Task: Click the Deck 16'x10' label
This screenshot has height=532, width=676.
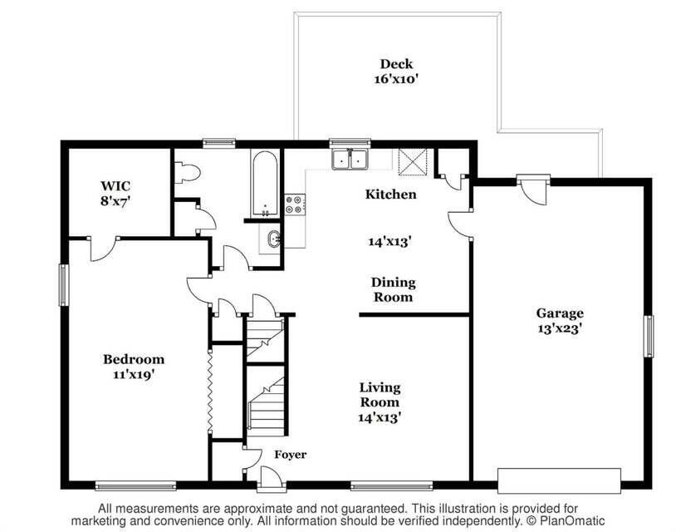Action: (x=396, y=71)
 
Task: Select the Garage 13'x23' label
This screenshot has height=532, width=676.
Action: (x=559, y=320)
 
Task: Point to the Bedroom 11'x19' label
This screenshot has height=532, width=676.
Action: (x=133, y=367)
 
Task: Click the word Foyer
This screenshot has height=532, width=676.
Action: (x=290, y=455)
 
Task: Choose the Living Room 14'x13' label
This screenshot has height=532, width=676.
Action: (x=380, y=402)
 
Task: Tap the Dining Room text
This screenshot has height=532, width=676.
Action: (x=393, y=289)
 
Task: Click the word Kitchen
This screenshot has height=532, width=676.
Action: (x=391, y=194)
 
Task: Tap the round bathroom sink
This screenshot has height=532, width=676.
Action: (x=273, y=240)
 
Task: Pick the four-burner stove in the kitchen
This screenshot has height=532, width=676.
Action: (x=295, y=204)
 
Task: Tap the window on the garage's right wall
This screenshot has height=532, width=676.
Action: (x=649, y=336)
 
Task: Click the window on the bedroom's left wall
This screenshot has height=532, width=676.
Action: (x=62, y=284)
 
